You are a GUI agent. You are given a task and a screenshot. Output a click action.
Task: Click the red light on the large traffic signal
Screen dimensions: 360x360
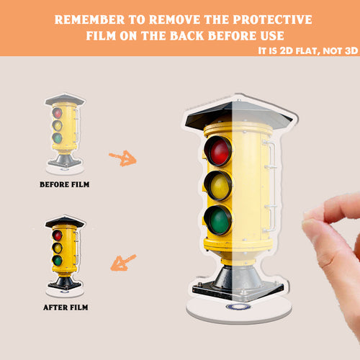(x=220, y=151)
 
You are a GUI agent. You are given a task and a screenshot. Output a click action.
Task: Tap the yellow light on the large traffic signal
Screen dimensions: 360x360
(x=220, y=186)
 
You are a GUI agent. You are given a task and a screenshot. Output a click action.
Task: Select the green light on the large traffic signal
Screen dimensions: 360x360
(x=220, y=220)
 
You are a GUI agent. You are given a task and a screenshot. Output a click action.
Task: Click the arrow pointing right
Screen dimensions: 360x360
(x=122, y=158)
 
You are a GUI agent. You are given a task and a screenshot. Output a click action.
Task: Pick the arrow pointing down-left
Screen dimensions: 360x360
(x=123, y=263)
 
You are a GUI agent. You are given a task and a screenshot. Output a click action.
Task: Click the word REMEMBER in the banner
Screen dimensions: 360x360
(x=89, y=19)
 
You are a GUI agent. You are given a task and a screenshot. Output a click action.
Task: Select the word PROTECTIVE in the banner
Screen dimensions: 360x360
(x=272, y=19)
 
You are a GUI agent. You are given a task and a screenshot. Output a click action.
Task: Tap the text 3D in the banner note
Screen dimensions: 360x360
(x=351, y=51)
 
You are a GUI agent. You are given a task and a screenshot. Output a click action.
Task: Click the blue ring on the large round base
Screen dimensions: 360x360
(x=238, y=307)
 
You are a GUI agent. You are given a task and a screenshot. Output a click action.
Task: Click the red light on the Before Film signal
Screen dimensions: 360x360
(x=58, y=113)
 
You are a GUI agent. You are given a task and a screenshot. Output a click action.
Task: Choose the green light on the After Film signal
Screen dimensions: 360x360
(x=58, y=261)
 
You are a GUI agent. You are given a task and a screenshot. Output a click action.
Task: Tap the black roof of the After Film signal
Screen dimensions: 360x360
(x=65, y=222)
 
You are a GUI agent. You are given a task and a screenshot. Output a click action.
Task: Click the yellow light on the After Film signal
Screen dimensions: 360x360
(x=58, y=248)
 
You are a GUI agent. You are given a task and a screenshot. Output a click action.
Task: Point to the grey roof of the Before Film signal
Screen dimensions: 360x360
(x=65, y=99)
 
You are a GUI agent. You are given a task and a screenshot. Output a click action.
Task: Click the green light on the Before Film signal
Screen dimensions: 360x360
(x=58, y=138)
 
